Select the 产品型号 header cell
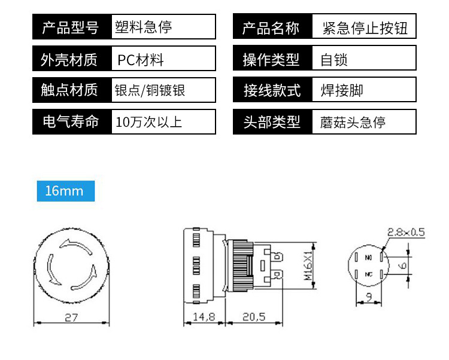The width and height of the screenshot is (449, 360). point(71,28)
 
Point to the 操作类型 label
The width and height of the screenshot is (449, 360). point(272,59)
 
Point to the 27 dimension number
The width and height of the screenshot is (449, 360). point(71,318)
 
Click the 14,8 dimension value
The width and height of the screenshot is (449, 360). point(204,318)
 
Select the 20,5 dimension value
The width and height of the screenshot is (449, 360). point(254,318)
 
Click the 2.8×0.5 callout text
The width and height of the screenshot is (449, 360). point(406,231)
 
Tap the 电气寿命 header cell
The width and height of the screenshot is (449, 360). point(71,123)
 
